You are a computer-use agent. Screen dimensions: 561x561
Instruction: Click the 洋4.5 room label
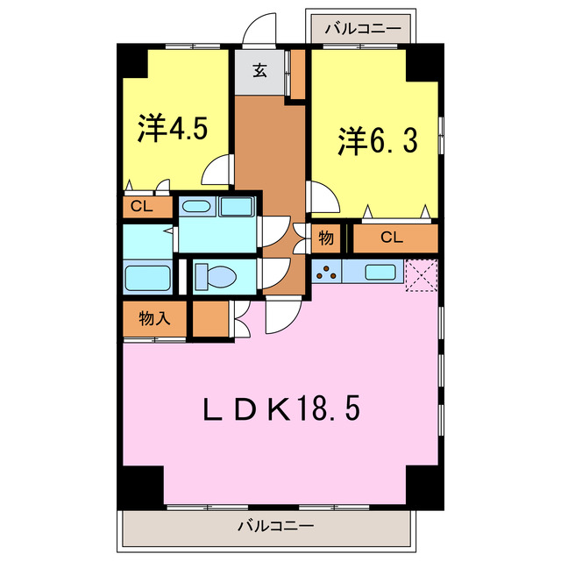[x=173, y=129]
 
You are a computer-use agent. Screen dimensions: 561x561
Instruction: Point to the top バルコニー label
[x=360, y=28]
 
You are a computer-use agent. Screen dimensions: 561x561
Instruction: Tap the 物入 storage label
[x=154, y=319]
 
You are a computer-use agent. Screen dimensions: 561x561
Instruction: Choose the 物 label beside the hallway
[x=325, y=237]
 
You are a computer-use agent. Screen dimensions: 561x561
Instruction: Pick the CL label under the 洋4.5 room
[x=140, y=207]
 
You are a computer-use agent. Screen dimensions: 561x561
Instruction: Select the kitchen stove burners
[x=326, y=272]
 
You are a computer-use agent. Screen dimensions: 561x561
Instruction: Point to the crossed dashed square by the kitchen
[x=421, y=275]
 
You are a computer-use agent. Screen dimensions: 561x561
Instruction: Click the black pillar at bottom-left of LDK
[x=141, y=486]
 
